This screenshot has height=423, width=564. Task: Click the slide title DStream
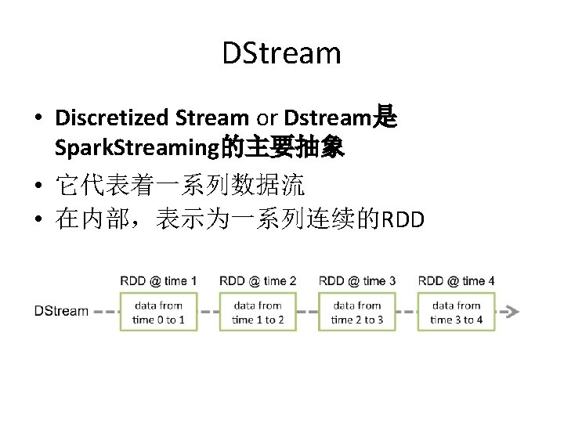point(281,54)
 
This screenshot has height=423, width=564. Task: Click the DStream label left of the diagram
point(61,311)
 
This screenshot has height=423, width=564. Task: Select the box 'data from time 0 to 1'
point(158,312)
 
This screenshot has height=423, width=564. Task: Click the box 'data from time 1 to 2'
point(258,312)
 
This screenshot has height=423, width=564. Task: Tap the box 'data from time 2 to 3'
point(356,312)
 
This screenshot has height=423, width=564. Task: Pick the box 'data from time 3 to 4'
point(456,312)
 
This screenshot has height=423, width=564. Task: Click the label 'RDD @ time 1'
point(158,280)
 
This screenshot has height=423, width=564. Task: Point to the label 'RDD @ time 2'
point(258,280)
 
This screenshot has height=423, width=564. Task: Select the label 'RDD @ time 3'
point(356,280)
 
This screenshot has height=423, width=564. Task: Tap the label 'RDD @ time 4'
point(456,280)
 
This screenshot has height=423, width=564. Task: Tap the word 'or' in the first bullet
point(266,118)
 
